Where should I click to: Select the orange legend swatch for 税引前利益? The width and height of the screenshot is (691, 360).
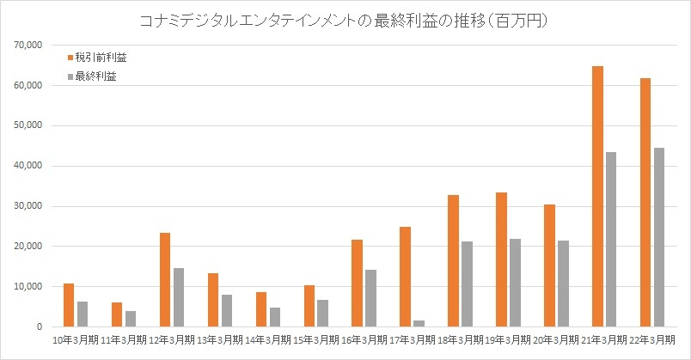click(x=70, y=58)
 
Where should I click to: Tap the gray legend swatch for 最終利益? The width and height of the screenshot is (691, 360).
click(x=70, y=76)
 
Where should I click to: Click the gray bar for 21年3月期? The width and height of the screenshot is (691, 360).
click(x=611, y=239)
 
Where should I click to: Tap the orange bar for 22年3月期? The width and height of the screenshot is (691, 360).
click(x=645, y=202)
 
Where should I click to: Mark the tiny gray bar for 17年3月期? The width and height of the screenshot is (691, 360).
click(x=419, y=324)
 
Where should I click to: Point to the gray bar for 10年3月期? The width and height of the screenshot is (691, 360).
click(x=83, y=314)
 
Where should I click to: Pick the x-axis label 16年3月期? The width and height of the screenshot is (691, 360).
click(x=364, y=340)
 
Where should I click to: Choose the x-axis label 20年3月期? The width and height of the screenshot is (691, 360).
click(x=555, y=340)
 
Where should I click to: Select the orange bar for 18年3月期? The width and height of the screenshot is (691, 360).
click(x=453, y=261)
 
